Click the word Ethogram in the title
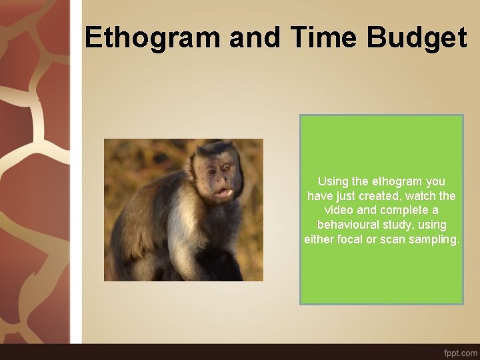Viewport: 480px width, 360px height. click(x=152, y=38)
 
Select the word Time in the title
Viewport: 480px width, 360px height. click(x=322, y=38)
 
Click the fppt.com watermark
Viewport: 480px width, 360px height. click(x=460, y=351)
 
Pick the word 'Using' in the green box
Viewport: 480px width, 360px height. click(x=333, y=181)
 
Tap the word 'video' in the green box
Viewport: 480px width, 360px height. click(x=339, y=211)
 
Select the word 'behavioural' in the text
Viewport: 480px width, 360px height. click(x=348, y=225)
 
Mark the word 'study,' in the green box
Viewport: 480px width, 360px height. click(x=397, y=225)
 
